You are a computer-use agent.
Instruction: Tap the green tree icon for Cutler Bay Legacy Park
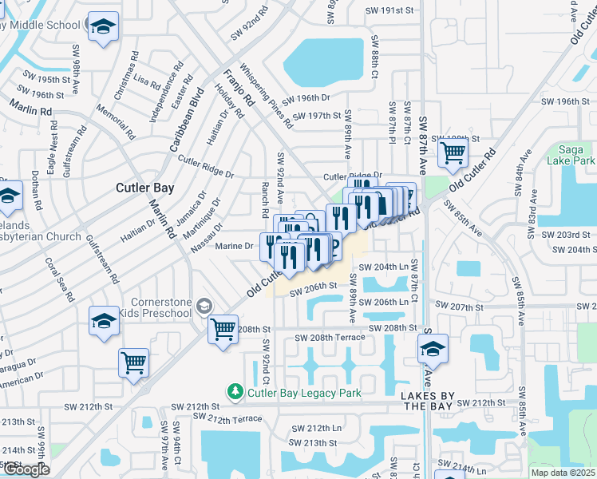click(x=235, y=392)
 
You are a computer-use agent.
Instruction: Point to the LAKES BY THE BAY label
click(x=429, y=402)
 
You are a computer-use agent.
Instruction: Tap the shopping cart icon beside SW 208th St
click(x=223, y=328)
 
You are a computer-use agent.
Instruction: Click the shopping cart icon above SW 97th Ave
click(x=133, y=362)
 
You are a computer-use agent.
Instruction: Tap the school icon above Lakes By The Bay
click(x=433, y=348)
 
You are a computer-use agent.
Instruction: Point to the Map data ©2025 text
click(x=563, y=473)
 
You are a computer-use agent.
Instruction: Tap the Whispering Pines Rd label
click(x=265, y=97)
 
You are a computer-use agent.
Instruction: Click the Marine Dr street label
click(x=235, y=247)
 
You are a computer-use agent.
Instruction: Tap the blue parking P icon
click(x=333, y=245)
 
